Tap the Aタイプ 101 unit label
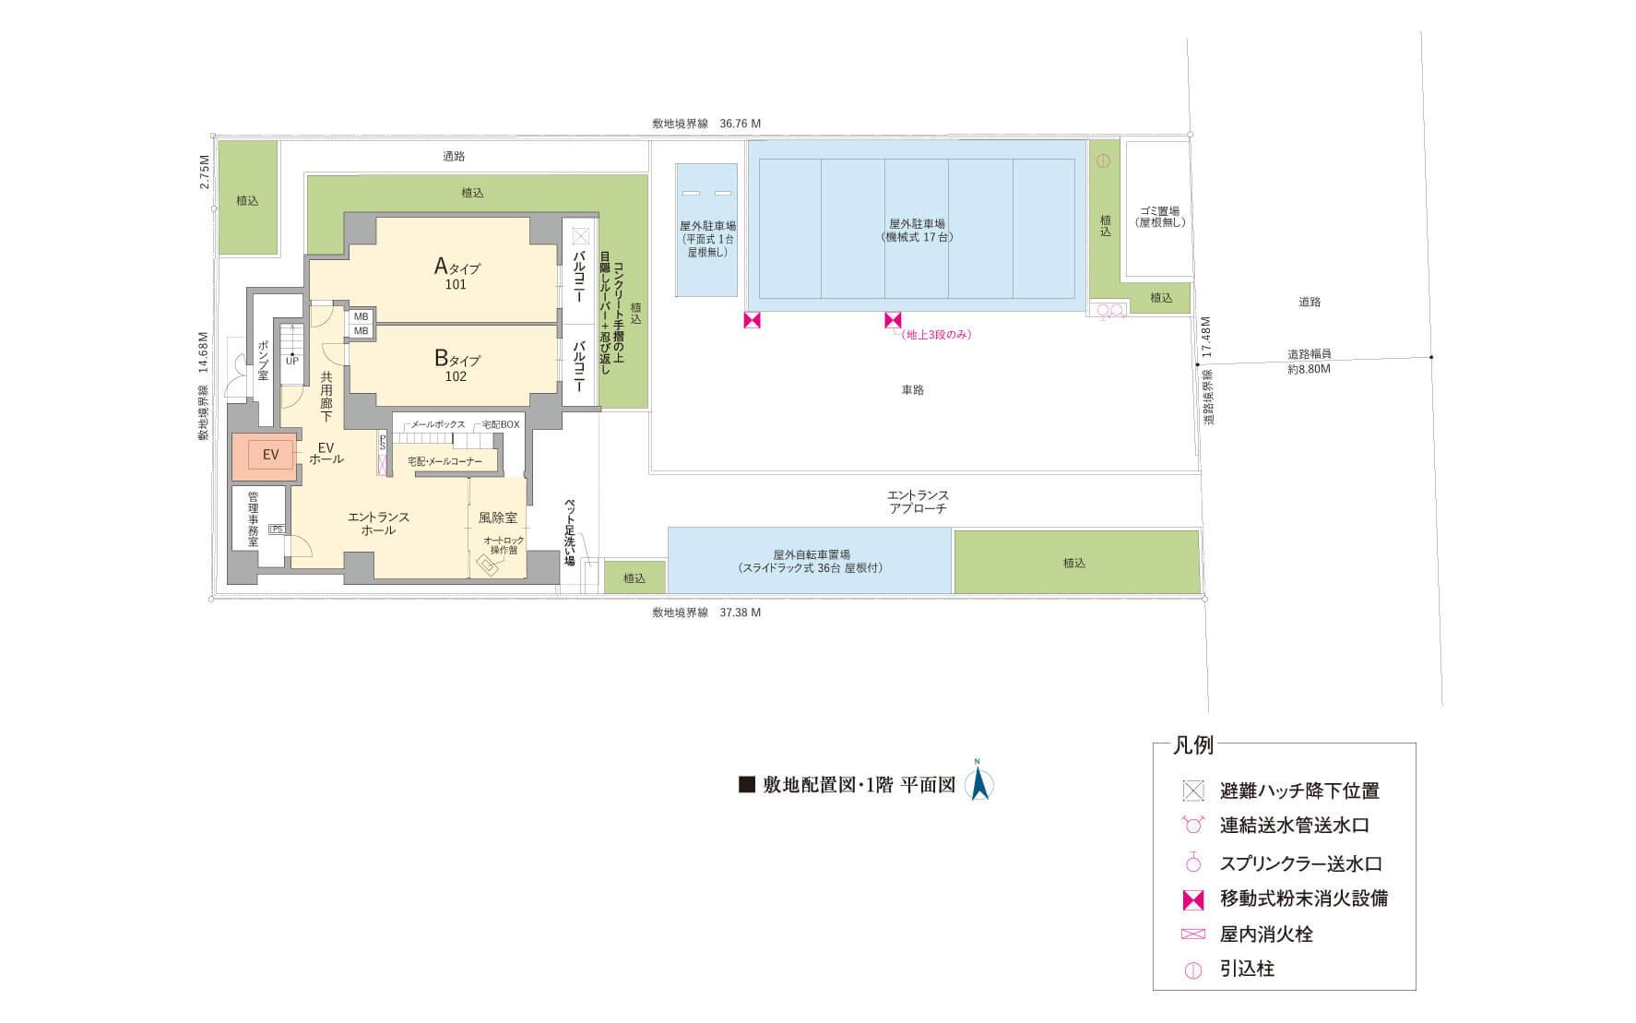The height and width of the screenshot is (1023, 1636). [456, 274]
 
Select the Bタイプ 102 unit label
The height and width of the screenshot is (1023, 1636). [456, 365]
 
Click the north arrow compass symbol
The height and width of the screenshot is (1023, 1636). [979, 780]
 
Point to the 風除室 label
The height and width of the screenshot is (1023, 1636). [498, 517]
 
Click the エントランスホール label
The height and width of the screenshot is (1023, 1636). [378, 523]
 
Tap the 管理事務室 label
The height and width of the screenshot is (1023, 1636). [253, 518]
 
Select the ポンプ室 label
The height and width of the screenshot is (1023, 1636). [263, 361]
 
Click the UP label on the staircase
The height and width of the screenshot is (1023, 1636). [291, 361]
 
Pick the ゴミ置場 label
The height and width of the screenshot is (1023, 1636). [1160, 217]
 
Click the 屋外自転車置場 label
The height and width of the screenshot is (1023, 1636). [811, 562]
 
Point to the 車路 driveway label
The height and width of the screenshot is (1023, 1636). [913, 390]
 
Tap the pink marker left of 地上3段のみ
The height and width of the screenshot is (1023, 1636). [892, 320]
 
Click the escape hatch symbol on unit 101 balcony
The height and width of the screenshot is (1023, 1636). [580, 236]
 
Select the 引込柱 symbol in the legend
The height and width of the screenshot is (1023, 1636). [1193, 970]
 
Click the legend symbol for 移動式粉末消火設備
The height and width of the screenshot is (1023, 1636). [1193, 899]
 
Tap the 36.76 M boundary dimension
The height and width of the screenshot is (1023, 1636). [741, 124]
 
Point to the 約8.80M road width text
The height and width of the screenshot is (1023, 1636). [1310, 369]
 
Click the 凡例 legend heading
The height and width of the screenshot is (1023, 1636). [1193, 744]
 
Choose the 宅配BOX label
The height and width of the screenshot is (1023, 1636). [501, 424]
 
